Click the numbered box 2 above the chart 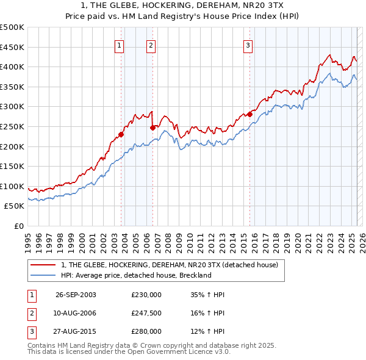pyautogui.click(x=151, y=45)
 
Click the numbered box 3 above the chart pyautogui.click(x=248, y=45)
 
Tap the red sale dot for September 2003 pyautogui.click(x=121, y=134)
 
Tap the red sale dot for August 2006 pyautogui.click(x=152, y=128)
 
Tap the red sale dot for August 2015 pyautogui.click(x=249, y=114)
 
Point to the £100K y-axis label pyautogui.click(x=12, y=186)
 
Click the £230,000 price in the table pyautogui.click(x=146, y=294)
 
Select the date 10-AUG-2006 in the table pyautogui.click(x=76, y=313)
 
